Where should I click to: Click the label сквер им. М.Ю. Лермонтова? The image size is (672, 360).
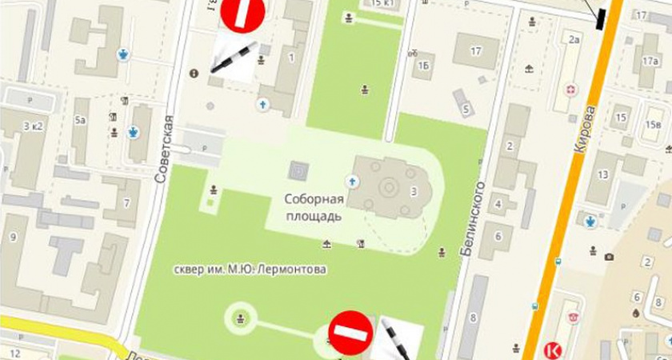click(x=252, y=270)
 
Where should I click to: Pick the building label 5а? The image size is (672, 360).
click(x=80, y=121)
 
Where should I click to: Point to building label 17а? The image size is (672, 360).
click(x=650, y=61)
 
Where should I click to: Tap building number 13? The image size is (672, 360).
click(x=603, y=174)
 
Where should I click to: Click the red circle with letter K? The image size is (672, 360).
click(x=551, y=350)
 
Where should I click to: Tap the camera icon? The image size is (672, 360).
click(x=610, y=257)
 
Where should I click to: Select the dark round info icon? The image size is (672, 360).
click(x=193, y=73)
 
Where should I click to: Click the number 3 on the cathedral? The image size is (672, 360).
click(x=414, y=190)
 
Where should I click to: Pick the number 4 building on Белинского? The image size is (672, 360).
click(x=499, y=203)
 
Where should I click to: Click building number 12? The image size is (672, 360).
click(x=14, y=352)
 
